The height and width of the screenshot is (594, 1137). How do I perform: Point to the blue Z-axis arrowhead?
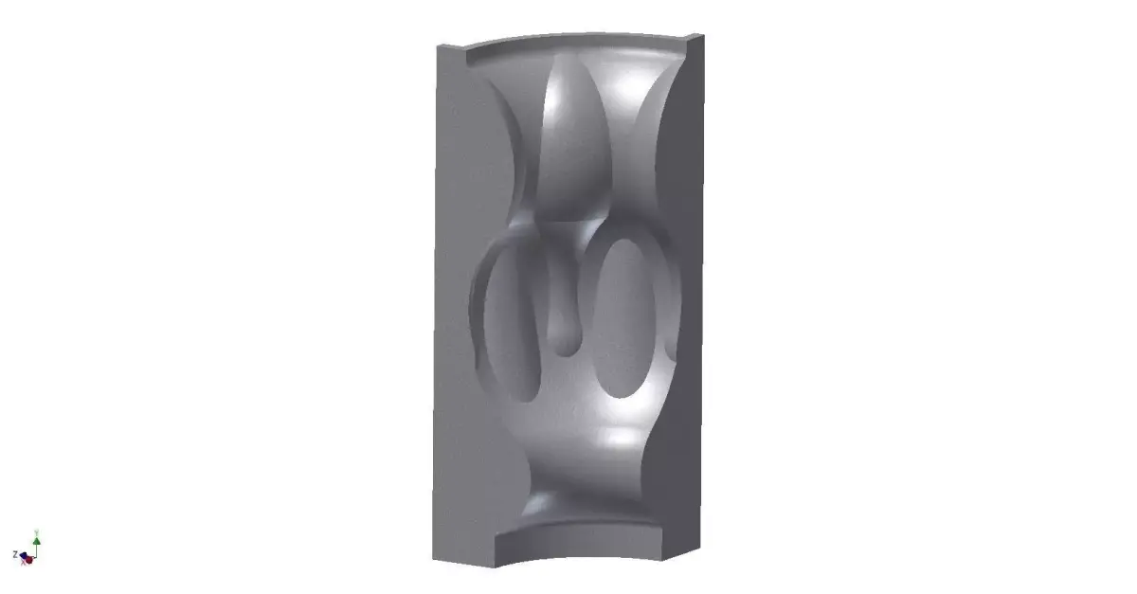23,556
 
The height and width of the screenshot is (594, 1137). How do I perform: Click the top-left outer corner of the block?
434,47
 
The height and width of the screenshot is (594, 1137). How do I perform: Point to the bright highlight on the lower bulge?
621,438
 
